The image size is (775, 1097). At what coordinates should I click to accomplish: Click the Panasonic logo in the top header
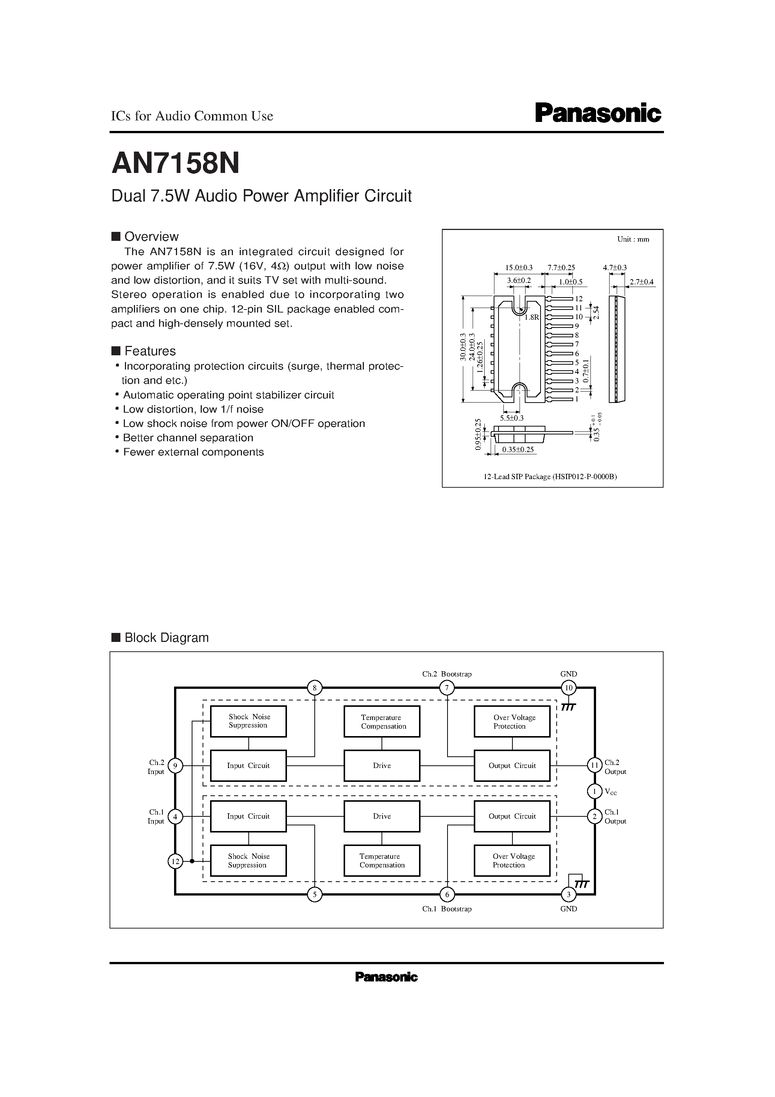[597, 114]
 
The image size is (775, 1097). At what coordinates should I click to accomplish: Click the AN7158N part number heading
[175, 164]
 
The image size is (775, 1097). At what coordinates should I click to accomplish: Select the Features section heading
[150, 351]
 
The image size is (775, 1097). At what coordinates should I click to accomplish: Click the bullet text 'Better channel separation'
[188, 438]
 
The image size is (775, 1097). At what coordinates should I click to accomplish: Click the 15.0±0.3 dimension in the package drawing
[518, 268]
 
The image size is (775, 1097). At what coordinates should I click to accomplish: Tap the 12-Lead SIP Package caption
[550, 476]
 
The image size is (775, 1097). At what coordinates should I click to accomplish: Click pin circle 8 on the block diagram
[314, 688]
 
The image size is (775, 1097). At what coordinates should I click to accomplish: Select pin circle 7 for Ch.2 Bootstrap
[447, 688]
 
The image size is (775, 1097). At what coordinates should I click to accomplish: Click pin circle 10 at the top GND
[569, 688]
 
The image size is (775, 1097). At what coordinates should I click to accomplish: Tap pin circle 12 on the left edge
[175, 861]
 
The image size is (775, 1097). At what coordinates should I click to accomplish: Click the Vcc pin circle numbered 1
[595, 792]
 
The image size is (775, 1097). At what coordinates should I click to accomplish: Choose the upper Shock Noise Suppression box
[248, 721]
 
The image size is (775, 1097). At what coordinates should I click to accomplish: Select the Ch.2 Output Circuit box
[512, 765]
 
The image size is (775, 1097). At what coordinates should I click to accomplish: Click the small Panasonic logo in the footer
[386, 978]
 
